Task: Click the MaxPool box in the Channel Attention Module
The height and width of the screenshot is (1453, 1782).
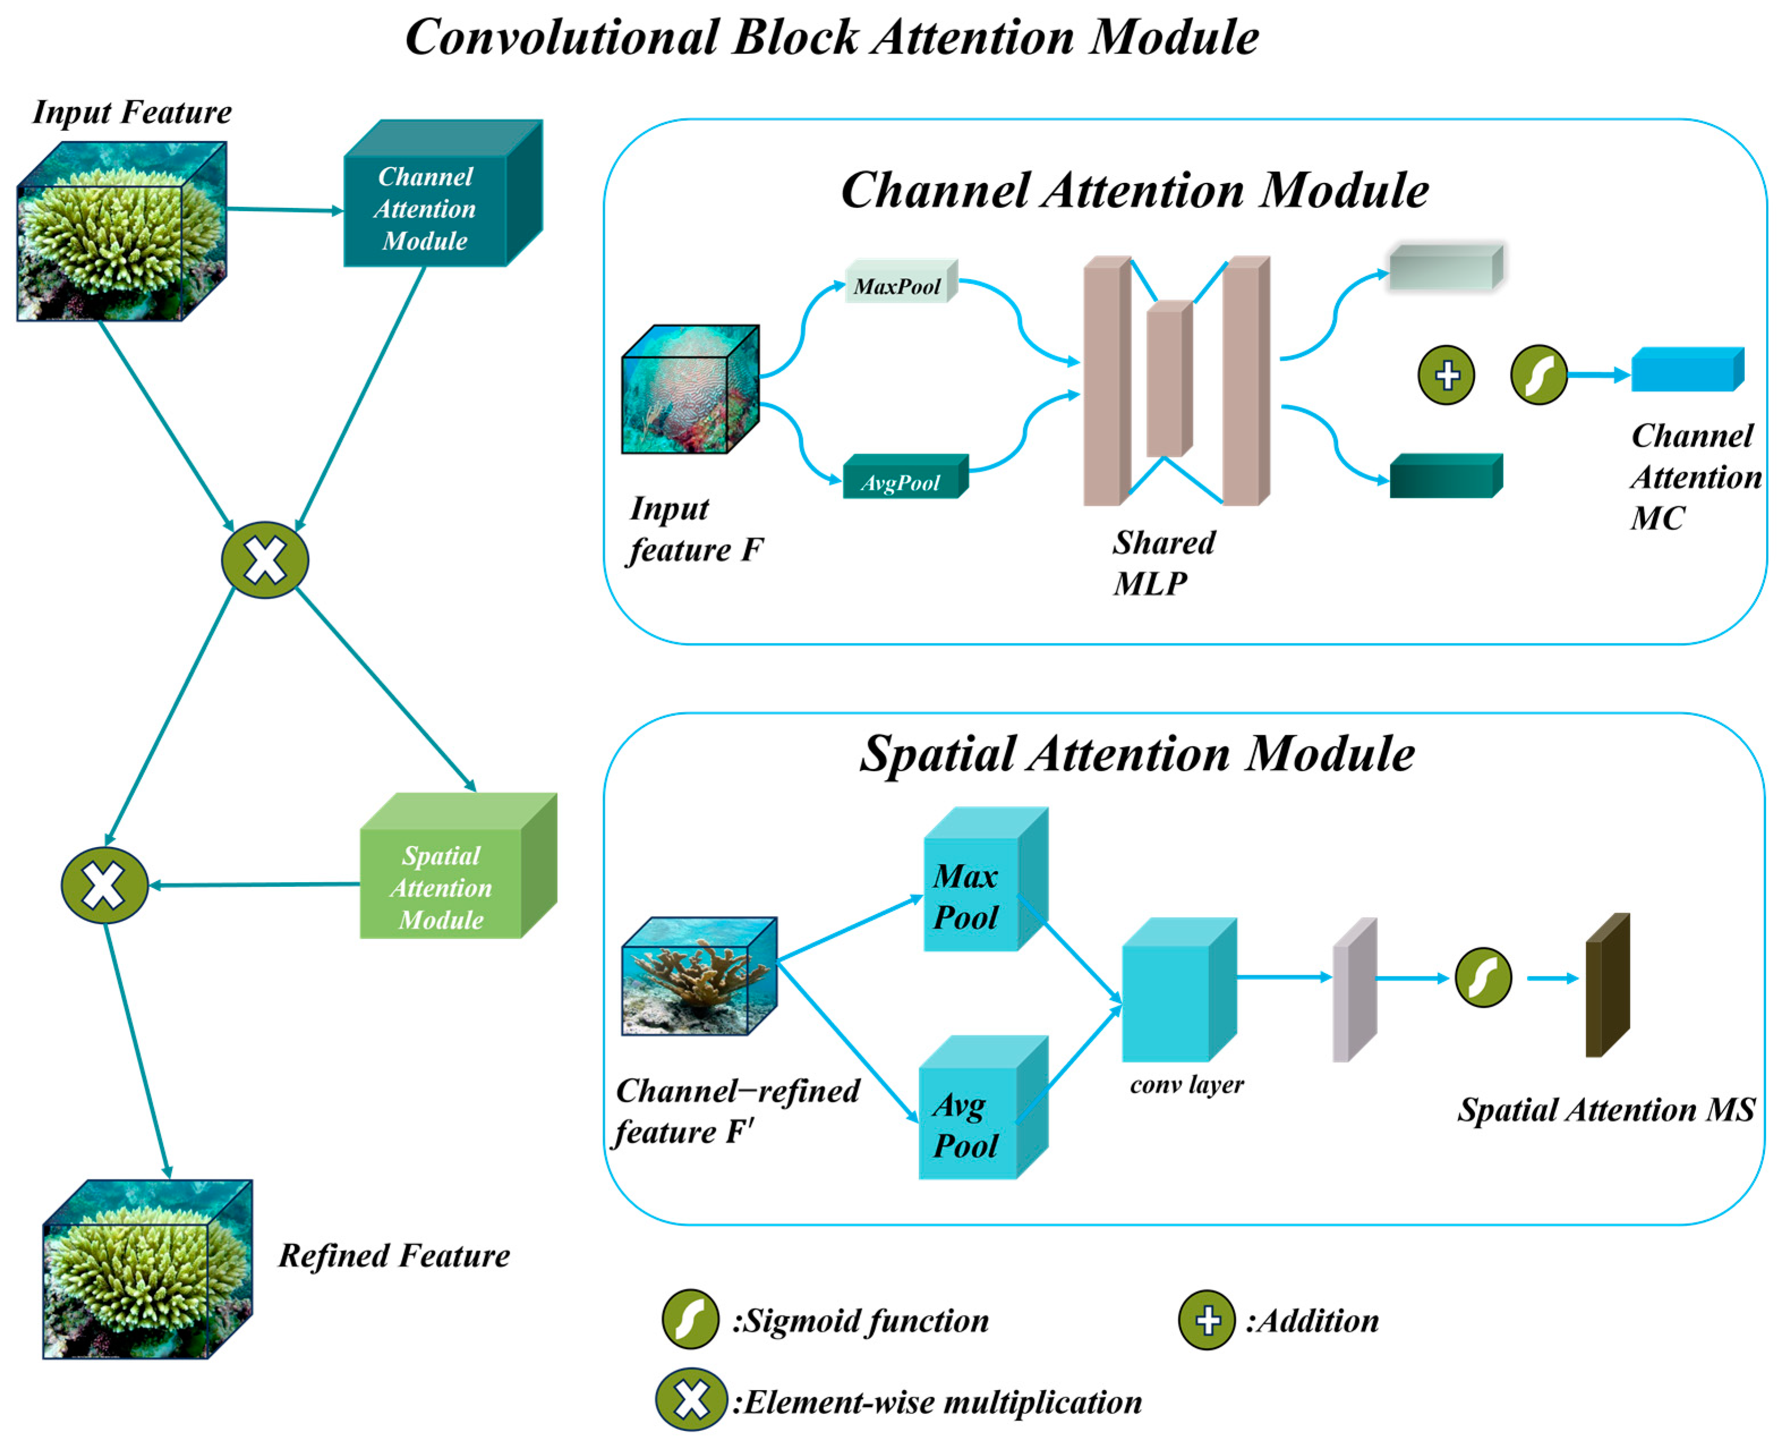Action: pyautogui.click(x=899, y=282)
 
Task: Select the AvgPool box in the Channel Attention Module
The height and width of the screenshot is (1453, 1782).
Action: pyautogui.click(x=903, y=478)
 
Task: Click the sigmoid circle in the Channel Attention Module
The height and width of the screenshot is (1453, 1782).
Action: pyautogui.click(x=1537, y=374)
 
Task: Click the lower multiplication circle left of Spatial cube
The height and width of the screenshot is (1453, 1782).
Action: pyautogui.click(x=105, y=884)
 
